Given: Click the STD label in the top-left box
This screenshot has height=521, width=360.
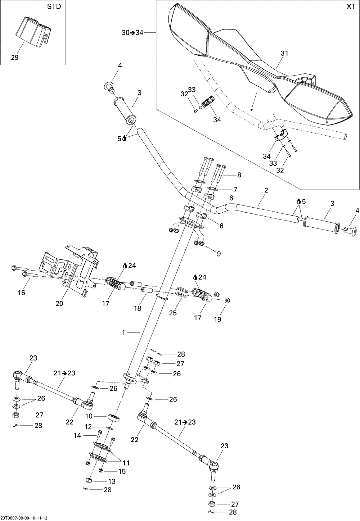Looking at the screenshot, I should tap(54, 7).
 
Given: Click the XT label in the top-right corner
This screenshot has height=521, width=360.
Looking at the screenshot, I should tap(351, 7).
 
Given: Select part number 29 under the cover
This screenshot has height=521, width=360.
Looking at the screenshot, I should tap(14, 57).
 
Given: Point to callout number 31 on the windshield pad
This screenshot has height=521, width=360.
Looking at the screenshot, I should tap(284, 53).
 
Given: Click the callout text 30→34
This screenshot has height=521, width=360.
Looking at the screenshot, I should tap(132, 33).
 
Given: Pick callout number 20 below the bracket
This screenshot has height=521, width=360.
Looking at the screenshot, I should tap(59, 303).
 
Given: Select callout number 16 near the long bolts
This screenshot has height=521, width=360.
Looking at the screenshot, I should tap(22, 293).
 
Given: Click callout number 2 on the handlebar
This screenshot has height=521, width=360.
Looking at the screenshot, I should tap(266, 190).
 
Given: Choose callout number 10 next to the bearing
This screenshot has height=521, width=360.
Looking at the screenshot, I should tap(89, 416).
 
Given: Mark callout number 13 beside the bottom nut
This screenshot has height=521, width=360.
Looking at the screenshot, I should tap(112, 481).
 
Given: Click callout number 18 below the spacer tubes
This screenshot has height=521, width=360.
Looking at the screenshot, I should tap(137, 308).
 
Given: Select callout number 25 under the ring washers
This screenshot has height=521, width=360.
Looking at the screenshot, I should tap(173, 313).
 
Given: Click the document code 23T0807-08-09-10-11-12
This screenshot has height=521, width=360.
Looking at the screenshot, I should tap(28, 517).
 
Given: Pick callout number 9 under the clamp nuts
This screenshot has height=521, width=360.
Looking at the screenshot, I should tap(218, 254).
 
